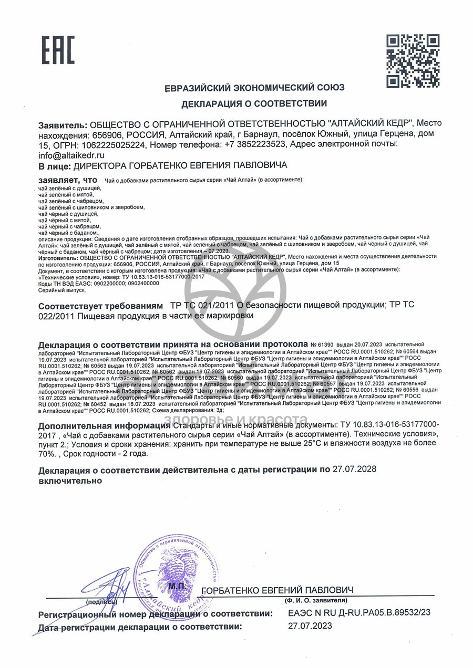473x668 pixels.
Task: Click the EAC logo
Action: [x=58, y=50]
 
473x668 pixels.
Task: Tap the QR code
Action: [x=413, y=61]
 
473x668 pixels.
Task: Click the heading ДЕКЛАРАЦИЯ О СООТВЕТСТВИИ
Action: [x=254, y=104]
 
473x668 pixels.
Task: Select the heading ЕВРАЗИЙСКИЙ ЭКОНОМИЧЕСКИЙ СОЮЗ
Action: [x=254, y=88]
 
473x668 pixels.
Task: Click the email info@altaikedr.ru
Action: [x=71, y=155]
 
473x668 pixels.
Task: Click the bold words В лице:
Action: [x=54, y=166]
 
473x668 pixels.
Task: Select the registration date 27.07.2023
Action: [x=310, y=626]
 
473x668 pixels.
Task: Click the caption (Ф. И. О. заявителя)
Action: [x=315, y=600]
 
